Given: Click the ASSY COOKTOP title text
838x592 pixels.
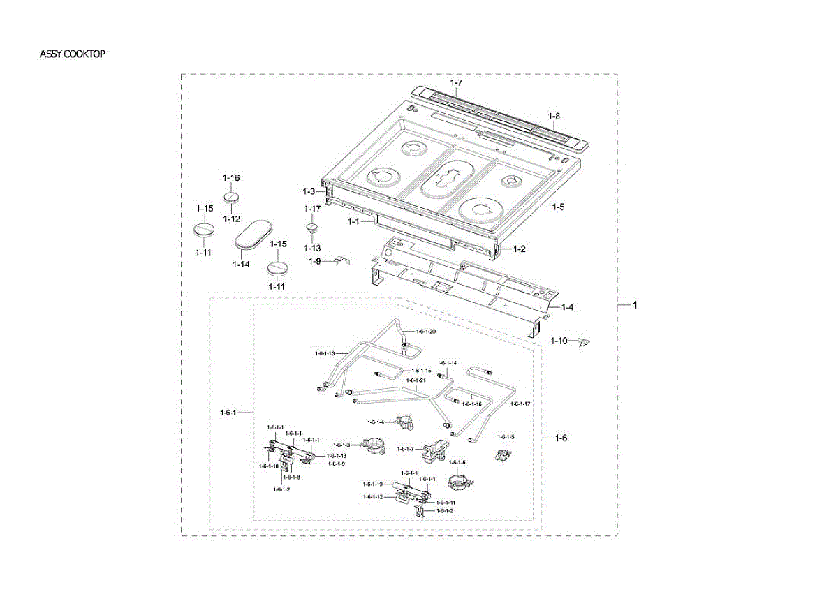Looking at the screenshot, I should (73, 54).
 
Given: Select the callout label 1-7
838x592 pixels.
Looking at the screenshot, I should (456, 83).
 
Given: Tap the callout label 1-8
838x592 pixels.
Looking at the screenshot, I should (554, 116).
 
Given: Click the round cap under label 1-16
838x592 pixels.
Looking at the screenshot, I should (233, 197).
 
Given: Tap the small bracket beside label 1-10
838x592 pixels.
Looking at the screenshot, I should (584, 341).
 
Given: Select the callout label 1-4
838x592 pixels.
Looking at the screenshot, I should (568, 307).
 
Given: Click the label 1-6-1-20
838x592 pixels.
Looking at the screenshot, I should (426, 331).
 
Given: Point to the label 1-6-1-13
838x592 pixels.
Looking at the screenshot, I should (325, 353).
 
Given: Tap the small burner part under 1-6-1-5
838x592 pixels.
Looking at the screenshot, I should (502, 454).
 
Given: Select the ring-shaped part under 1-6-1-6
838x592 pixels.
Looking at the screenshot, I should (459, 482).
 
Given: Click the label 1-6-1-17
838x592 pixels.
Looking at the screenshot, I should (520, 404).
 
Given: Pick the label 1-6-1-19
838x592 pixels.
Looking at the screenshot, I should (372, 484).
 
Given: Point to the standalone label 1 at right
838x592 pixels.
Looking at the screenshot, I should (635, 305).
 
